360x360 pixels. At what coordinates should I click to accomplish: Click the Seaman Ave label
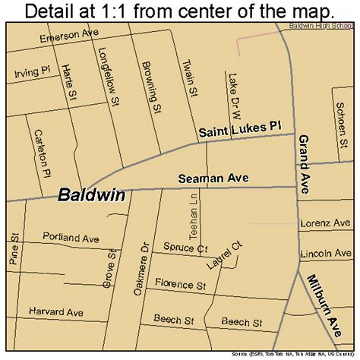(214, 178)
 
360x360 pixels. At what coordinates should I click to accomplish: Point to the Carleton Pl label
(40, 152)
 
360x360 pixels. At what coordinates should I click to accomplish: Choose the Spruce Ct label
(185, 248)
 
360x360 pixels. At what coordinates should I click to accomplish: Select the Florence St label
(180, 286)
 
